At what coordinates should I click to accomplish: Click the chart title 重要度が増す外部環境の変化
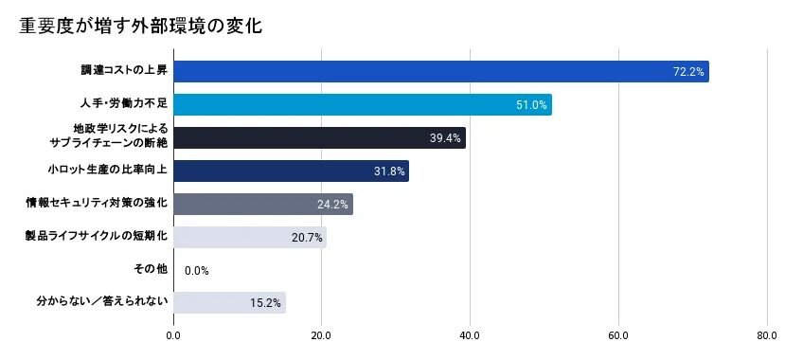point(141,27)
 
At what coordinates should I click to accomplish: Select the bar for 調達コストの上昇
point(441,72)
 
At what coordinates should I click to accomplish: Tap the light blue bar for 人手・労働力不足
point(363,104)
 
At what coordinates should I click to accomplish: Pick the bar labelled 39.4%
point(320,137)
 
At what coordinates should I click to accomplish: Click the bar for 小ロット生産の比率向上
point(292,171)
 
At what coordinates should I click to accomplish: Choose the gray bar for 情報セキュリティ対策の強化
point(263,205)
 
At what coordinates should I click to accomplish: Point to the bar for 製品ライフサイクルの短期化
point(250,238)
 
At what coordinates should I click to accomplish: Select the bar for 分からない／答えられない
point(230,302)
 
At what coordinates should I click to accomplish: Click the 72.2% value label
point(688,72)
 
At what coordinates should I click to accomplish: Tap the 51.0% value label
point(531,105)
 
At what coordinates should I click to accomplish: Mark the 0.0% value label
point(197,271)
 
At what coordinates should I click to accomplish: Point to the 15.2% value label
point(265,303)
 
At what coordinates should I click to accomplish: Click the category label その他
point(151,269)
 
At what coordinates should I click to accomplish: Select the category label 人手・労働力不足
point(124,104)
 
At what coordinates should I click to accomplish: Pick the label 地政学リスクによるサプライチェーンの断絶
point(109,135)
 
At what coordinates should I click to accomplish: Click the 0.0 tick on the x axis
point(173,335)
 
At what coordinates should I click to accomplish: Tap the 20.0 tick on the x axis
point(321,335)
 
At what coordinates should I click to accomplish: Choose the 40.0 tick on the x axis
point(470,335)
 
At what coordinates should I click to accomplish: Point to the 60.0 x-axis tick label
point(618,335)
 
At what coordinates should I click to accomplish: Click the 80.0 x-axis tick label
point(767,335)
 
